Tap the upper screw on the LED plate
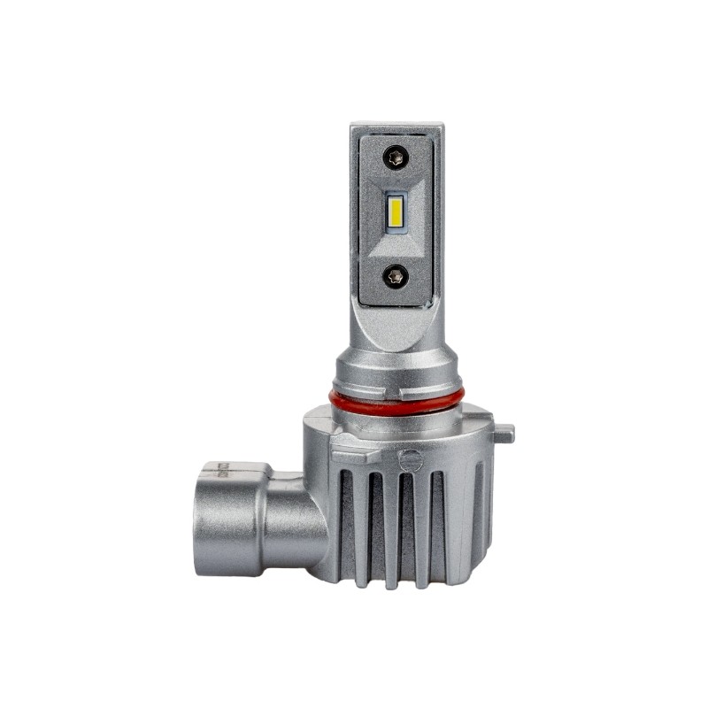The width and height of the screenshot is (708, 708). point(395,160)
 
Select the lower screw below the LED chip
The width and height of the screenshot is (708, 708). point(395,275)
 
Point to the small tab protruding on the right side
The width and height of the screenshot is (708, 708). point(504,434)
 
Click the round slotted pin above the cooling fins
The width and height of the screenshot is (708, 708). point(409,460)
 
